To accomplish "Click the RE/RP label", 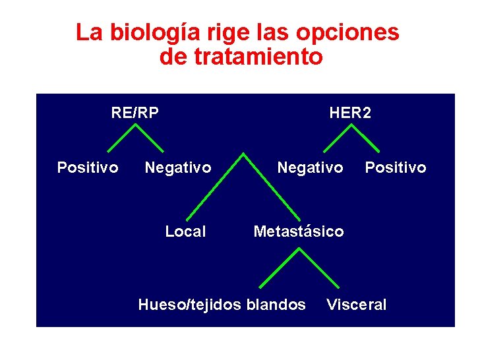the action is pyautogui.click(x=135, y=113).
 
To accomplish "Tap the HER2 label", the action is pyautogui.click(x=350, y=113).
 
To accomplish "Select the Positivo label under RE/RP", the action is pyautogui.click(x=88, y=167).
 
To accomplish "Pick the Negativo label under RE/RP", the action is pyautogui.click(x=178, y=167).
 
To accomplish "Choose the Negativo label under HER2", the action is pyautogui.click(x=310, y=167).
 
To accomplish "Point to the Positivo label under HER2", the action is pyautogui.click(x=396, y=167).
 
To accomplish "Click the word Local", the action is pyautogui.click(x=185, y=231).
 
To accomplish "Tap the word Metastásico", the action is pyautogui.click(x=299, y=231).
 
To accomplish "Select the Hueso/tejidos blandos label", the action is pyautogui.click(x=222, y=305).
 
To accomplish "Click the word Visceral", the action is pyautogui.click(x=357, y=305).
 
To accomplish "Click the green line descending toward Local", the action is pyautogui.click(x=214, y=187).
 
